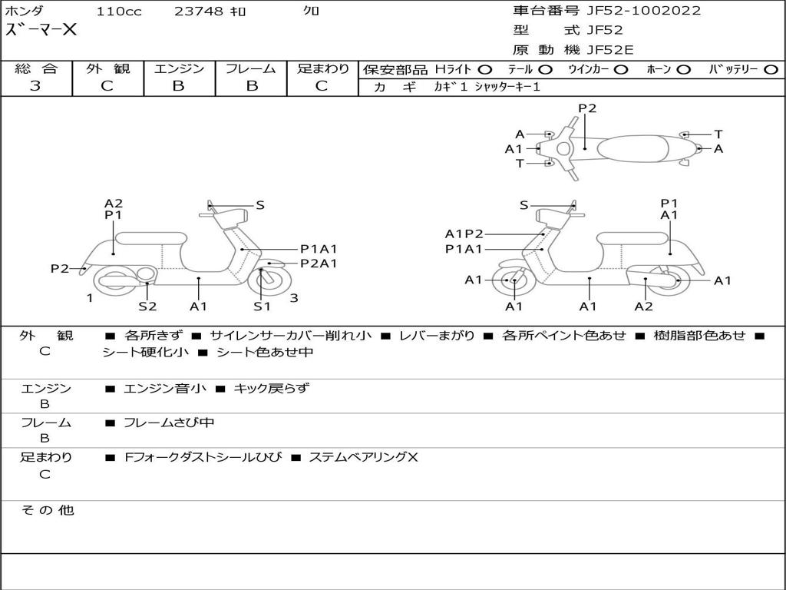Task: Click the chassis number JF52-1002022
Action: (643, 11)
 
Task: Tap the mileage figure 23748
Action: (199, 12)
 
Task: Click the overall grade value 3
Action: (35, 86)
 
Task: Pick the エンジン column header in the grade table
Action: (179, 68)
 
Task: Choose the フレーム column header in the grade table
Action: (250, 68)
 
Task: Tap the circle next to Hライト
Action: (485, 69)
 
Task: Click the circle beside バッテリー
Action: (771, 69)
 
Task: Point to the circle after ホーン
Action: (684, 69)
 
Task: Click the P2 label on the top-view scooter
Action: (587, 108)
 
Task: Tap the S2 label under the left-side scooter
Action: (147, 307)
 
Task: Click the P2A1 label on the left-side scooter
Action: (319, 264)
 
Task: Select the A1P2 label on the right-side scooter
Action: (464, 234)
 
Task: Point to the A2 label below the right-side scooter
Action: (643, 307)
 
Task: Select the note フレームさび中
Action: (169, 423)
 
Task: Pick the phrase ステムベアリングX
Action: (363, 457)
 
